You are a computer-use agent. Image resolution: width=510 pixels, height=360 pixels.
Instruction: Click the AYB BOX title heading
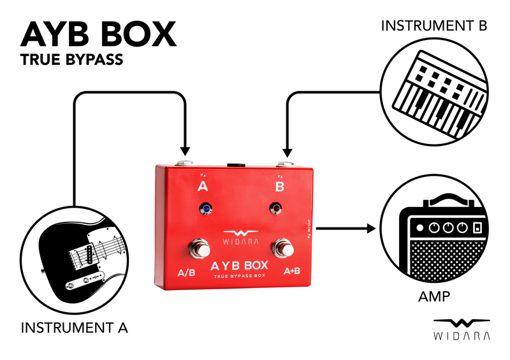98,34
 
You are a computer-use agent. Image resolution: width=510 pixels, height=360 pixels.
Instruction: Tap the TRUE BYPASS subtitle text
71,62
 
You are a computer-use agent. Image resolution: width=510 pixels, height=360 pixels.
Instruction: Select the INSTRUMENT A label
75,329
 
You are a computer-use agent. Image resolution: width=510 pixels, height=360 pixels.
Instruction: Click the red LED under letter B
277,208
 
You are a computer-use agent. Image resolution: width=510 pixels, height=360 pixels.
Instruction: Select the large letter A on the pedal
203,187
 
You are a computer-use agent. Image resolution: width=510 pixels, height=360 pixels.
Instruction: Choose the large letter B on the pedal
279,187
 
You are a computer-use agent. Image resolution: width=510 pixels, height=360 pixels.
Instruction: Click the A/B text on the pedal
186,273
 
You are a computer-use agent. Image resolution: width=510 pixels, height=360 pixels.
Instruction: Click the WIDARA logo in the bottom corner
462,328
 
